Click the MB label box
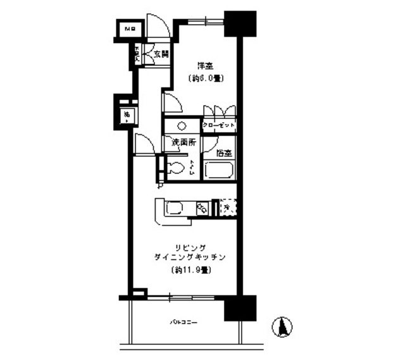tap(129, 28)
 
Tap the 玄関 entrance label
tap(159, 54)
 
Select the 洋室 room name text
tap(204, 65)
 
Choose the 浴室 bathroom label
tap(223, 152)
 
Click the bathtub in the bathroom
tap(220, 170)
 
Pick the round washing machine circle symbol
tap(182, 125)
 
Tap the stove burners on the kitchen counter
tap(202, 208)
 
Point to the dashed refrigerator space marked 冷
tap(227, 207)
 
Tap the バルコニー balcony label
tap(184, 322)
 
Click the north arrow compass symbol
tap(283, 326)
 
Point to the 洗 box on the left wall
tap(127, 115)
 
